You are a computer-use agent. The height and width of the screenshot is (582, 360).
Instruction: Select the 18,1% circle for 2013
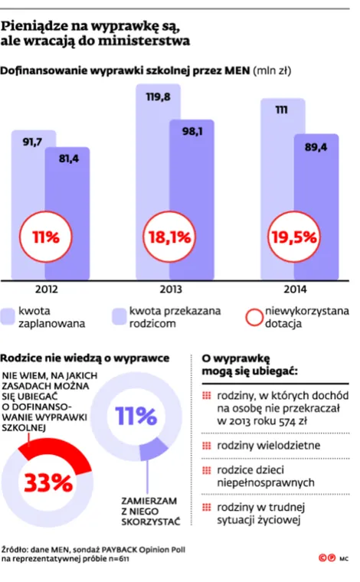coord(169,237)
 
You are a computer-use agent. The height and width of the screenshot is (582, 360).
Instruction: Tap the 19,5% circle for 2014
coord(293,237)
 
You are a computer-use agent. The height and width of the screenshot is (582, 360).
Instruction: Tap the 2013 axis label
coord(169,290)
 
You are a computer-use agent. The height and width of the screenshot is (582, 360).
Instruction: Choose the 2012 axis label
coord(46,290)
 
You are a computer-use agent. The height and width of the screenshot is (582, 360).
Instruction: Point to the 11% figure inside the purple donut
coord(136,417)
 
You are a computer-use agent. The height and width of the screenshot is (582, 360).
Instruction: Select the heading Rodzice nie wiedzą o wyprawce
coord(86,358)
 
